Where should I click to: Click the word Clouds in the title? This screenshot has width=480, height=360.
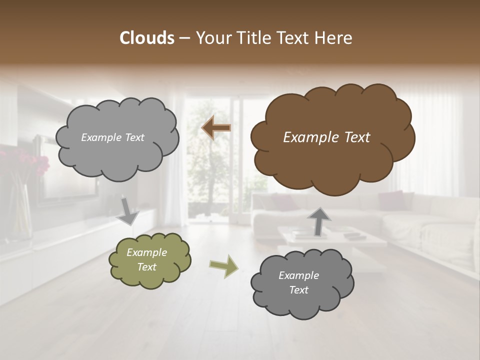pos(146,38)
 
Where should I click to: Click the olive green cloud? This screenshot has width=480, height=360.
pos(149,260)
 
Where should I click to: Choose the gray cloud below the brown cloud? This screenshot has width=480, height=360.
pos(301,283)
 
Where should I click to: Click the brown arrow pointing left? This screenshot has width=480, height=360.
pos(216,128)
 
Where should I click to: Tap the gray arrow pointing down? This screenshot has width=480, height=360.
pos(128,210)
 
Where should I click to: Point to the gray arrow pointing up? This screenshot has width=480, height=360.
pos(319,221)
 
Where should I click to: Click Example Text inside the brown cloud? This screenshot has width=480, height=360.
pos(326,137)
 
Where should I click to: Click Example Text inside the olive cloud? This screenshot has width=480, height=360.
pos(146,260)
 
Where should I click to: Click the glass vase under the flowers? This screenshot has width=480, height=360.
pos(20,210)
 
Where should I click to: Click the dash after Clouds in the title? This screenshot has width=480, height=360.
pos(184,38)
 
